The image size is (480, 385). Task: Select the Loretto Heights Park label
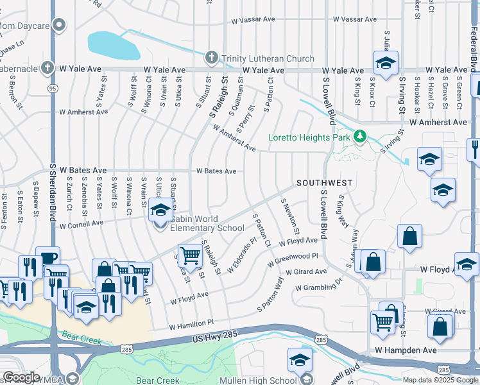click(x=309, y=137)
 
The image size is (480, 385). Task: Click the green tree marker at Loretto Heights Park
click(x=360, y=136)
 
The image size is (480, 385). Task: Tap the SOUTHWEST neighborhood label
click(x=324, y=183)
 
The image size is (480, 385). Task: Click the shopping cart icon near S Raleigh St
click(x=190, y=255)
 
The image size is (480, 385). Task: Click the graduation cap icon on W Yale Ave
click(x=386, y=63)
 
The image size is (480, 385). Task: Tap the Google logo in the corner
click(x=21, y=377)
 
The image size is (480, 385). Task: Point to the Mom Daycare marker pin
click(x=59, y=26)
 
